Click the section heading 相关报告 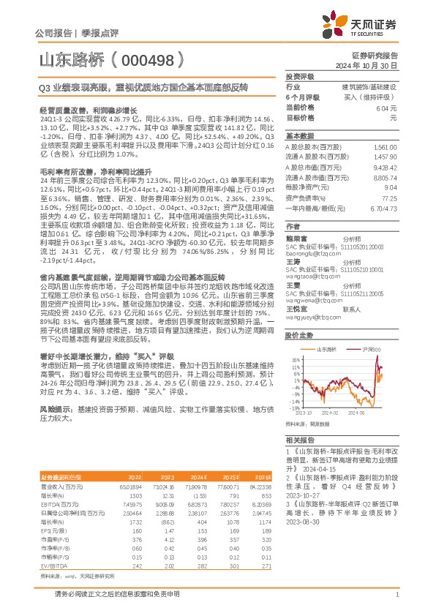click(300, 440)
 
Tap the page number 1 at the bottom click(396, 602)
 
